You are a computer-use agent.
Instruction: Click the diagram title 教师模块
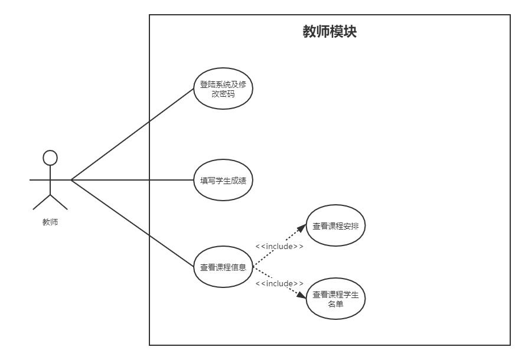(x=330, y=31)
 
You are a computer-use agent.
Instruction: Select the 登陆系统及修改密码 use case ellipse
(x=223, y=89)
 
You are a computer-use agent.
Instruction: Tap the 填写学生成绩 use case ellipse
(x=223, y=180)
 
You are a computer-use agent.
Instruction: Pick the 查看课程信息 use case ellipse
(x=223, y=267)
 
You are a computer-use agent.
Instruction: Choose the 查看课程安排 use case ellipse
(x=335, y=225)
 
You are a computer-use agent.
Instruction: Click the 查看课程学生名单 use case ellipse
(x=335, y=299)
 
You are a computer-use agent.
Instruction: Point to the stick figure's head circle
(x=50, y=158)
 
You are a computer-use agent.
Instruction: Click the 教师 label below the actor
(x=50, y=222)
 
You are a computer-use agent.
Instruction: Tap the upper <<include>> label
(x=279, y=246)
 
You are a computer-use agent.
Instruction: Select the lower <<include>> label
(x=279, y=284)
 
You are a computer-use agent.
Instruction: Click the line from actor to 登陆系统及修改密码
(x=133, y=134)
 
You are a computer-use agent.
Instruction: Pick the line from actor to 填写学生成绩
(x=133, y=180)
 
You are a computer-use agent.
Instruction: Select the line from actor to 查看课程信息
(x=133, y=224)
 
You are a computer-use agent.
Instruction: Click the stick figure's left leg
(x=41, y=201)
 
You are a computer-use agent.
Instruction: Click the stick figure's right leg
(x=59, y=201)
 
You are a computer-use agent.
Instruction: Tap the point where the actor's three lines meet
(x=71, y=180)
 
